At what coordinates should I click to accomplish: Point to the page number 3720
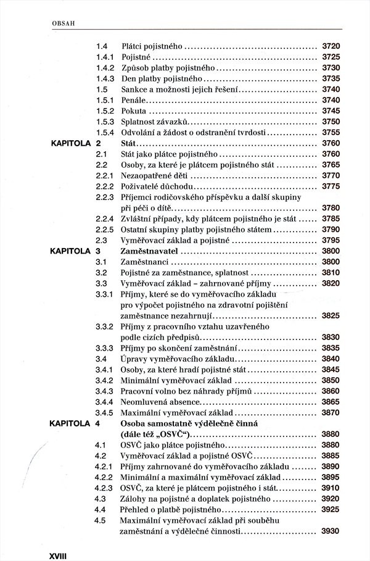click(331, 46)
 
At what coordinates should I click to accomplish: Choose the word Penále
click(134, 99)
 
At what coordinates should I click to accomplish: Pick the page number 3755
click(331, 132)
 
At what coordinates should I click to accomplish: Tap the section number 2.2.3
click(106, 197)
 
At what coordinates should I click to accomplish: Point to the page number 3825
click(331, 315)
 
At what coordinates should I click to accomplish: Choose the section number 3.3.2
click(106, 326)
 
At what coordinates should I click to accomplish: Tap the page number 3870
click(331, 412)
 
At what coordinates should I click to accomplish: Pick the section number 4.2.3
click(106, 488)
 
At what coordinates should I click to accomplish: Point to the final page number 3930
click(331, 530)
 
